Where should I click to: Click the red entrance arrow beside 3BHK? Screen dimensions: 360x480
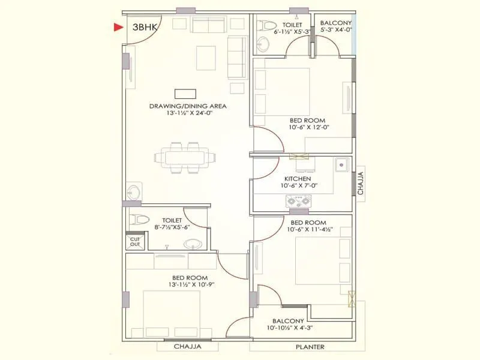(x=118, y=27)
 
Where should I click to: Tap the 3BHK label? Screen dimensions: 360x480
(x=136, y=27)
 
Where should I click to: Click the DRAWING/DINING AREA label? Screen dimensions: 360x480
(x=188, y=106)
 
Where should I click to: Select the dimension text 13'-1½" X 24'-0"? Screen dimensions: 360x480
(x=188, y=113)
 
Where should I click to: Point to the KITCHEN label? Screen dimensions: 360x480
(x=298, y=179)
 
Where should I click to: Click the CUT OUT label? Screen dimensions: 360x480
(x=135, y=242)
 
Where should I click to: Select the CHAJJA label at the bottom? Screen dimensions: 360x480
(x=187, y=347)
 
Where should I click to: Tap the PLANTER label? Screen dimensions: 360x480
(x=310, y=347)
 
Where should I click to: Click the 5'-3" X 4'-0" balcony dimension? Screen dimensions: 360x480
(x=335, y=29)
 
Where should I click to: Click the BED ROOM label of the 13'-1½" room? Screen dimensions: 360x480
(x=190, y=278)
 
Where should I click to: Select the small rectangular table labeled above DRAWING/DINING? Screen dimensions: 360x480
(x=185, y=94)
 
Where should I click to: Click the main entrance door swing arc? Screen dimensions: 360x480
(x=143, y=37)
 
